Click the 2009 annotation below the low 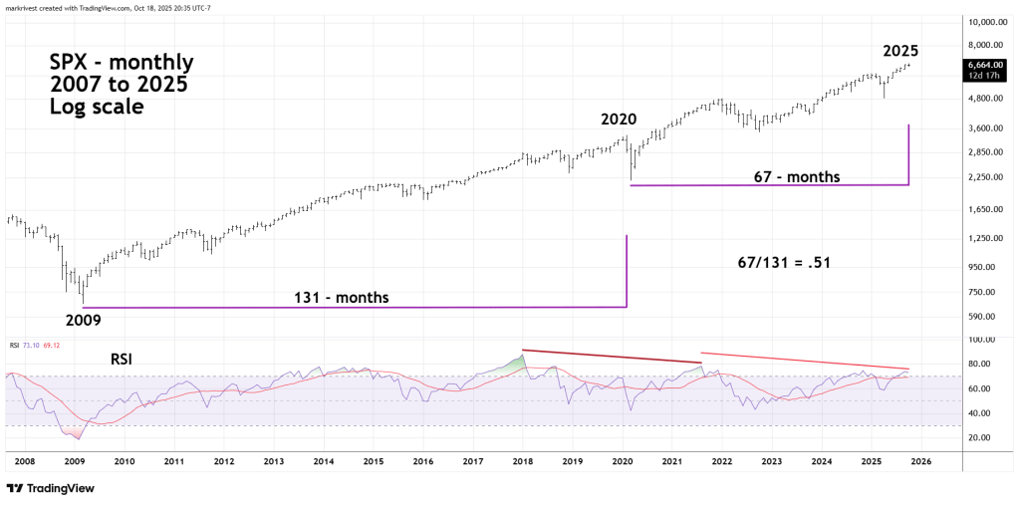pos(84,321)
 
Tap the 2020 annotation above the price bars pos(618,120)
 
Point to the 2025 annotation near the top pos(900,51)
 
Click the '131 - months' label pos(341,297)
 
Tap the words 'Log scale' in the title pos(97,105)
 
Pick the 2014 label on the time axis pos(323,462)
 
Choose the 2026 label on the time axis pos(921,462)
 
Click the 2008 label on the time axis pos(24,462)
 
